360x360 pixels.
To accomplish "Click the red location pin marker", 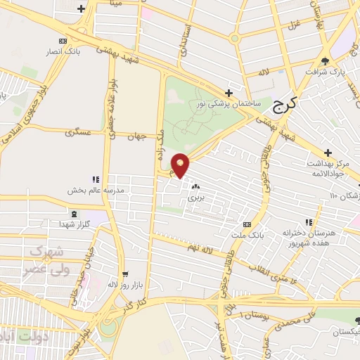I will (x=181, y=165).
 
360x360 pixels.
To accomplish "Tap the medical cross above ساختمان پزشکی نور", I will (x=228, y=93).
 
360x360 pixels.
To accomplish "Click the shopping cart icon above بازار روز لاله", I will (x=125, y=274).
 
